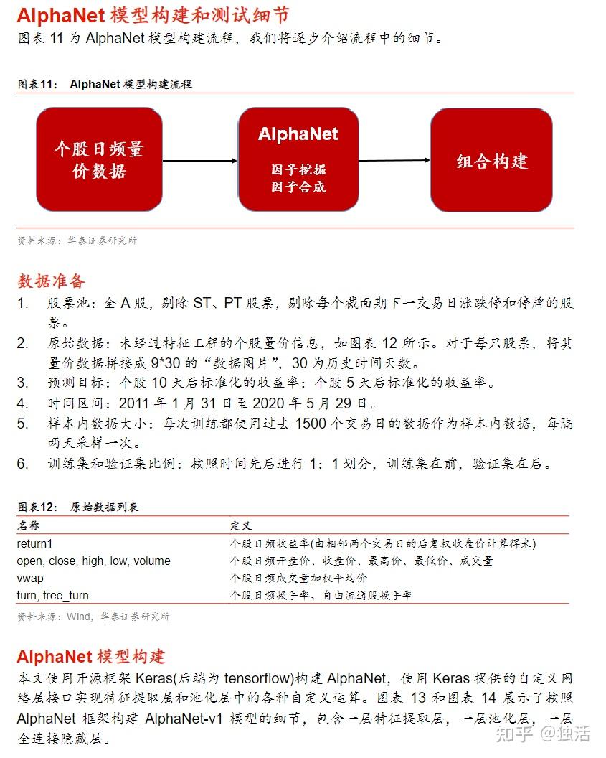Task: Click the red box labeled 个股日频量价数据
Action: click(x=99, y=159)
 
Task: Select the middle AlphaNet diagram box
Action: click(x=298, y=159)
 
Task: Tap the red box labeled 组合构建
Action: click(x=491, y=160)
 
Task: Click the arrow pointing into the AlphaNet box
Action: click(x=200, y=160)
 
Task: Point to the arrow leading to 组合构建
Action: click(x=394, y=160)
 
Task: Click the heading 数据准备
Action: click(x=51, y=280)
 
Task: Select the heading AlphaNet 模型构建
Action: click(x=91, y=656)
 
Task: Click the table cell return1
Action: click(x=35, y=543)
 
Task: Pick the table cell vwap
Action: click(x=30, y=578)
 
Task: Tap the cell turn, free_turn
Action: click(x=53, y=595)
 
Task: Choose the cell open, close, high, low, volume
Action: click(x=93, y=561)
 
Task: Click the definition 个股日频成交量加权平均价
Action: click(x=299, y=578)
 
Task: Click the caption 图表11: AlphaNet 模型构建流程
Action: click(x=105, y=84)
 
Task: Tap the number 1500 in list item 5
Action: click(x=311, y=424)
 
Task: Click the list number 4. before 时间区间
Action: click(x=24, y=403)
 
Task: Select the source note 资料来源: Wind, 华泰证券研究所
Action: click(x=93, y=616)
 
